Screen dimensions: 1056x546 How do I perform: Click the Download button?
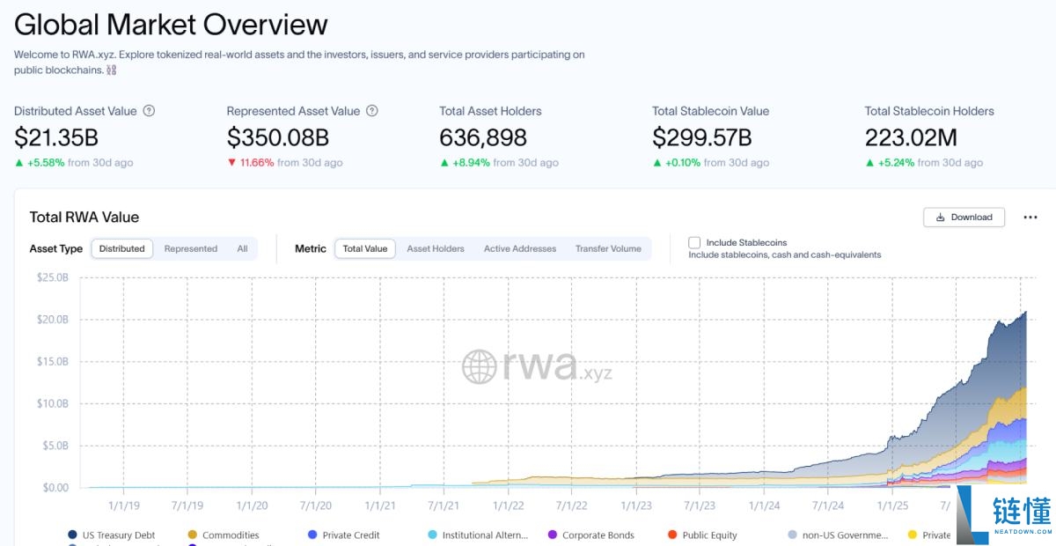pyautogui.click(x=964, y=217)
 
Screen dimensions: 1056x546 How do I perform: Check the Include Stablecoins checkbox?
pyautogui.click(x=694, y=242)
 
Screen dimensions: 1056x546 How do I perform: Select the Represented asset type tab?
pyautogui.click(x=190, y=248)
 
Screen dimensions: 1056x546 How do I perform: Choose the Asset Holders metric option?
pyautogui.click(x=435, y=248)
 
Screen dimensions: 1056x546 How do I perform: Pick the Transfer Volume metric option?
pyautogui.click(x=608, y=248)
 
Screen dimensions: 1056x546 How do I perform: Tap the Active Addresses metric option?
pyautogui.click(x=520, y=248)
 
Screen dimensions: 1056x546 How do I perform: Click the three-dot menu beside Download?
pyautogui.click(x=1030, y=217)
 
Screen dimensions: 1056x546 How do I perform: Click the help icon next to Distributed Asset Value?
pyautogui.click(x=149, y=111)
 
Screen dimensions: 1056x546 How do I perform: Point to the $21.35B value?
pyautogui.click(x=56, y=137)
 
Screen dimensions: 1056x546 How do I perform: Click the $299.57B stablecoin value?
pyautogui.click(x=702, y=137)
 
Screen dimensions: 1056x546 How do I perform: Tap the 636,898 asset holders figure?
pyautogui.click(x=483, y=137)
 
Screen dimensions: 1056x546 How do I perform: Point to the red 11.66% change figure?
pyautogui.click(x=257, y=163)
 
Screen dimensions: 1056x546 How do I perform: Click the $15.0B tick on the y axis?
pyautogui.click(x=52, y=361)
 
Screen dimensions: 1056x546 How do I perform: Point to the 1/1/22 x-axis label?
pyautogui.click(x=509, y=505)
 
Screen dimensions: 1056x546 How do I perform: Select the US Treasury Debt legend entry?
pyautogui.click(x=112, y=535)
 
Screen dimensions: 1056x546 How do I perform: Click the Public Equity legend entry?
pyautogui.click(x=702, y=535)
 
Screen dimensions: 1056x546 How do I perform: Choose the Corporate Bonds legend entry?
pyautogui.click(x=591, y=535)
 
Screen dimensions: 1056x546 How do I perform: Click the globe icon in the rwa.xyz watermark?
pyautogui.click(x=479, y=366)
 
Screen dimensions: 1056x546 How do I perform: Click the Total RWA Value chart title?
pyautogui.click(x=84, y=217)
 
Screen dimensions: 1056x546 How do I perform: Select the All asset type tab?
pyautogui.click(x=242, y=248)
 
